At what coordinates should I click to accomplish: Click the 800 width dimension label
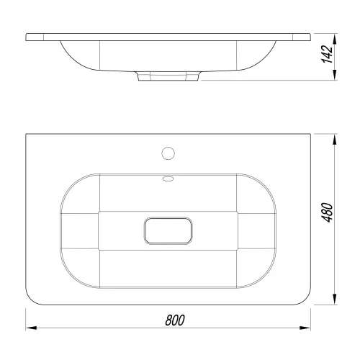pos(175,320)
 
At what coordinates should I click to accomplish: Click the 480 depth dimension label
pos(327,212)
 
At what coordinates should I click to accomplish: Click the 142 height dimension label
pos(327,54)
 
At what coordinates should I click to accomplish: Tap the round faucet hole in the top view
pos(168,153)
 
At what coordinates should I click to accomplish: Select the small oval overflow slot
pos(168,179)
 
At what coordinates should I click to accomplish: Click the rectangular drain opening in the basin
pos(168,230)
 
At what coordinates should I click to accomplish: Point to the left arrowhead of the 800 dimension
pos(31,328)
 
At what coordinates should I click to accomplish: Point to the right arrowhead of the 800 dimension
pos(305,328)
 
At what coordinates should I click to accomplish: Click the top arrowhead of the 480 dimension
pos(335,139)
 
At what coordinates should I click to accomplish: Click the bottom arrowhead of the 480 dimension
pos(335,300)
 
